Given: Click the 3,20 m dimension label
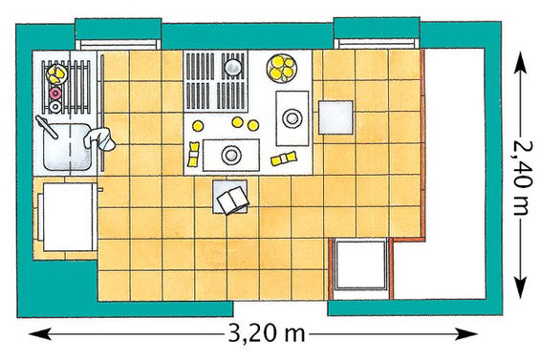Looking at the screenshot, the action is [267, 333].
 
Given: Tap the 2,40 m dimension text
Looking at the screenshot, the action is [523, 178].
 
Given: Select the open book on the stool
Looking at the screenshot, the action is [233, 201].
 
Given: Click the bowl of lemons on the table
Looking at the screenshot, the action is [282, 68].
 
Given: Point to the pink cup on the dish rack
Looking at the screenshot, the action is [55, 93].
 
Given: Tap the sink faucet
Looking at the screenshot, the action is [47, 127].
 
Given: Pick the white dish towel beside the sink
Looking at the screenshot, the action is [99, 138].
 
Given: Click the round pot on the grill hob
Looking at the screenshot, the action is [233, 67].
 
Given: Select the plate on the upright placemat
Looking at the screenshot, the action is [292, 118].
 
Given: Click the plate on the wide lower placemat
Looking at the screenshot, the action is [230, 155].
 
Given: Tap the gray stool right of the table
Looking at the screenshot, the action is [335, 117].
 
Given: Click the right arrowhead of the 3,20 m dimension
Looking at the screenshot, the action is [466, 333].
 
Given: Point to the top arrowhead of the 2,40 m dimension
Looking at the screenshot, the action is [520, 64].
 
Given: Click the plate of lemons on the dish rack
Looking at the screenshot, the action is [56, 74].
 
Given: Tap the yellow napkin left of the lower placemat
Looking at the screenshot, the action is [194, 154].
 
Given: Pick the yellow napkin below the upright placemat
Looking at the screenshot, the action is [284, 159].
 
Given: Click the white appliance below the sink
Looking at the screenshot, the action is [68, 217].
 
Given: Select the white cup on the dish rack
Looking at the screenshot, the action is [55, 107].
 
